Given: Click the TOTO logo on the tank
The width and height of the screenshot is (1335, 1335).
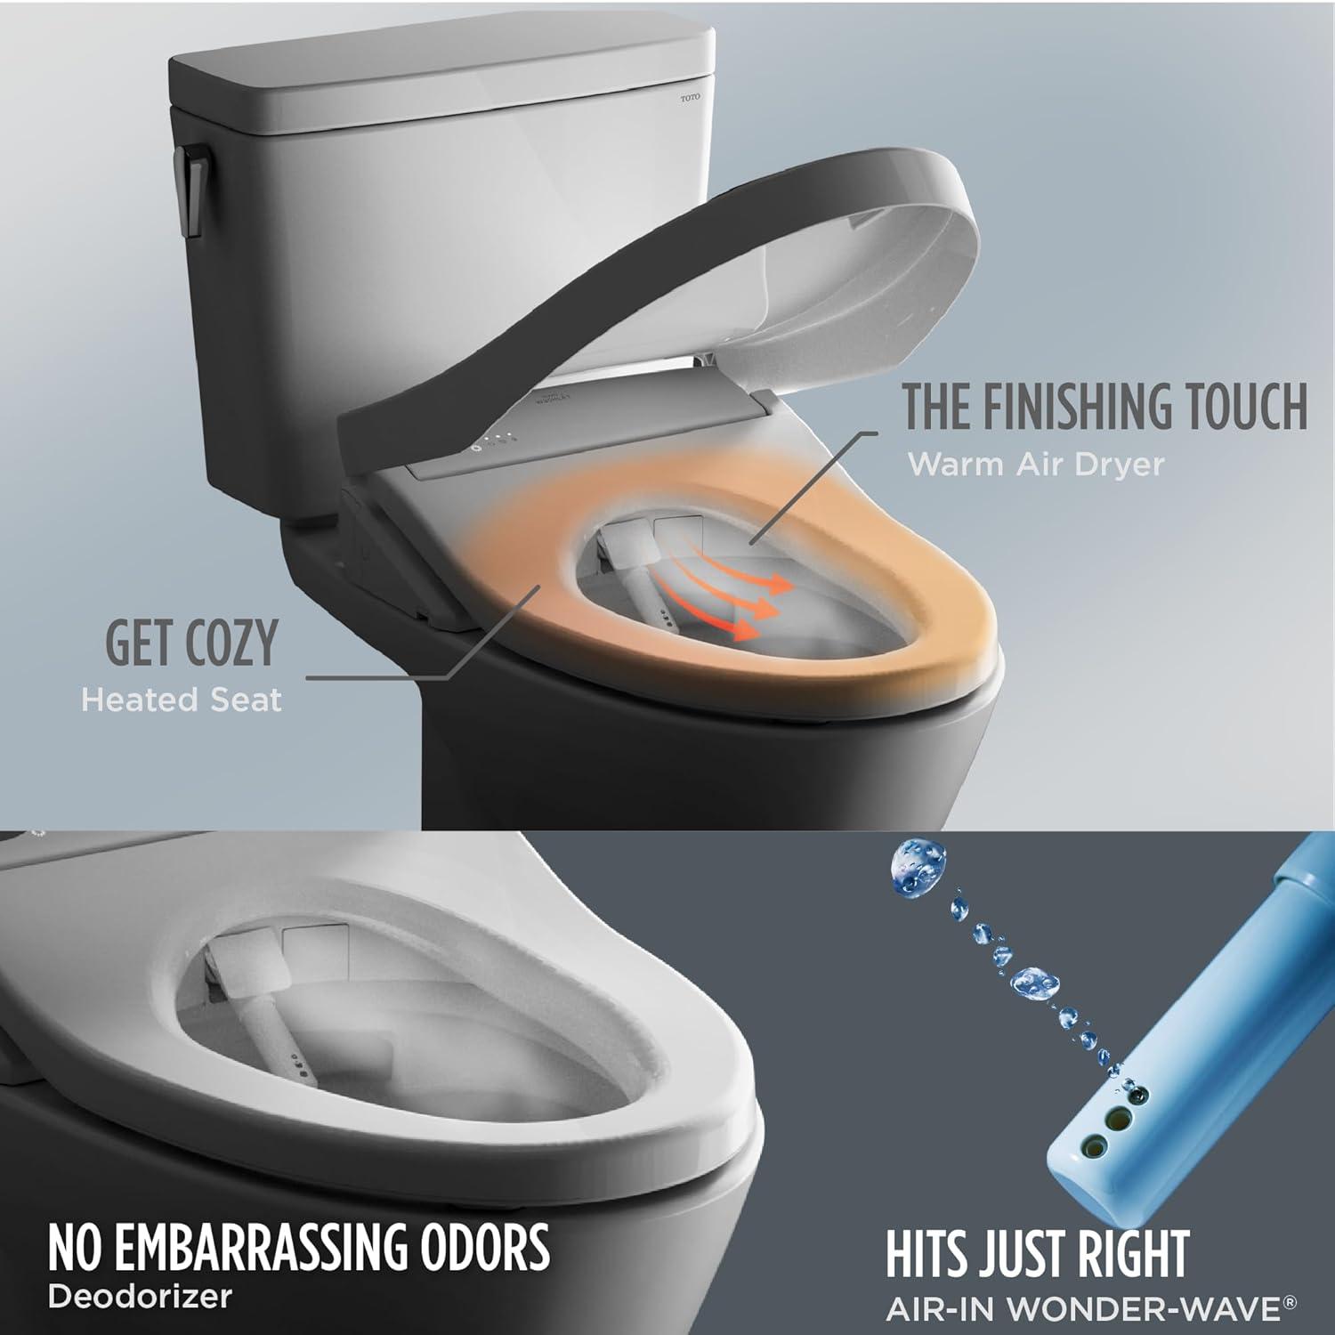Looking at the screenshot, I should [691, 98].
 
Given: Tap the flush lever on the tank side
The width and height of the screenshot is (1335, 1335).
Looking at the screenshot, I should [190, 190].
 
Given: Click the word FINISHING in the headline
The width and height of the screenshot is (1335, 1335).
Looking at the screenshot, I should [1064, 407].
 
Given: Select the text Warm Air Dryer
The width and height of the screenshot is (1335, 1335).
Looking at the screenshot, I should [1035, 465].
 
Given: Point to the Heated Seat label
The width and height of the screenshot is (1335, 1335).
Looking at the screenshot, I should [181, 700].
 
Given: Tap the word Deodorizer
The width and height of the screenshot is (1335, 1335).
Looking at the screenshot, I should [140, 1296].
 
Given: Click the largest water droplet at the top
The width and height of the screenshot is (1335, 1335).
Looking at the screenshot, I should [916, 868].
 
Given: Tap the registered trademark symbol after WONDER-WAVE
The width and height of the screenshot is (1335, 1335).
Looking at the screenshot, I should [1290, 1303].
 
